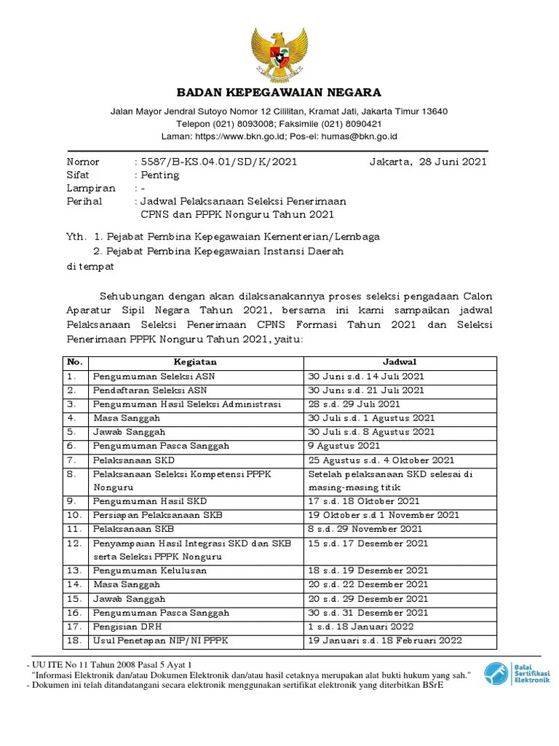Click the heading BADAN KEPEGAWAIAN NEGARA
click(x=279, y=93)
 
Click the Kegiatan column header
click(x=194, y=362)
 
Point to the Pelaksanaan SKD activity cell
click(x=134, y=460)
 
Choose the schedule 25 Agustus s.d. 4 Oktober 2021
click(x=381, y=460)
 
